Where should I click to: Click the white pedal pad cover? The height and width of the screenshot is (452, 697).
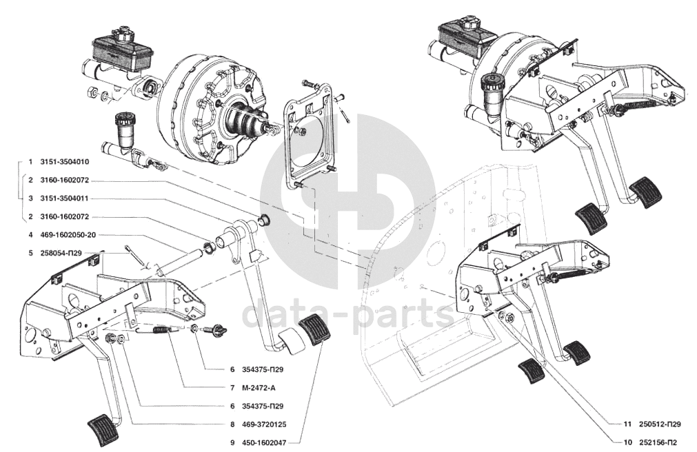pos(290,341)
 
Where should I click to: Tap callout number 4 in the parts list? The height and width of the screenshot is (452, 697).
pos(30,235)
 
